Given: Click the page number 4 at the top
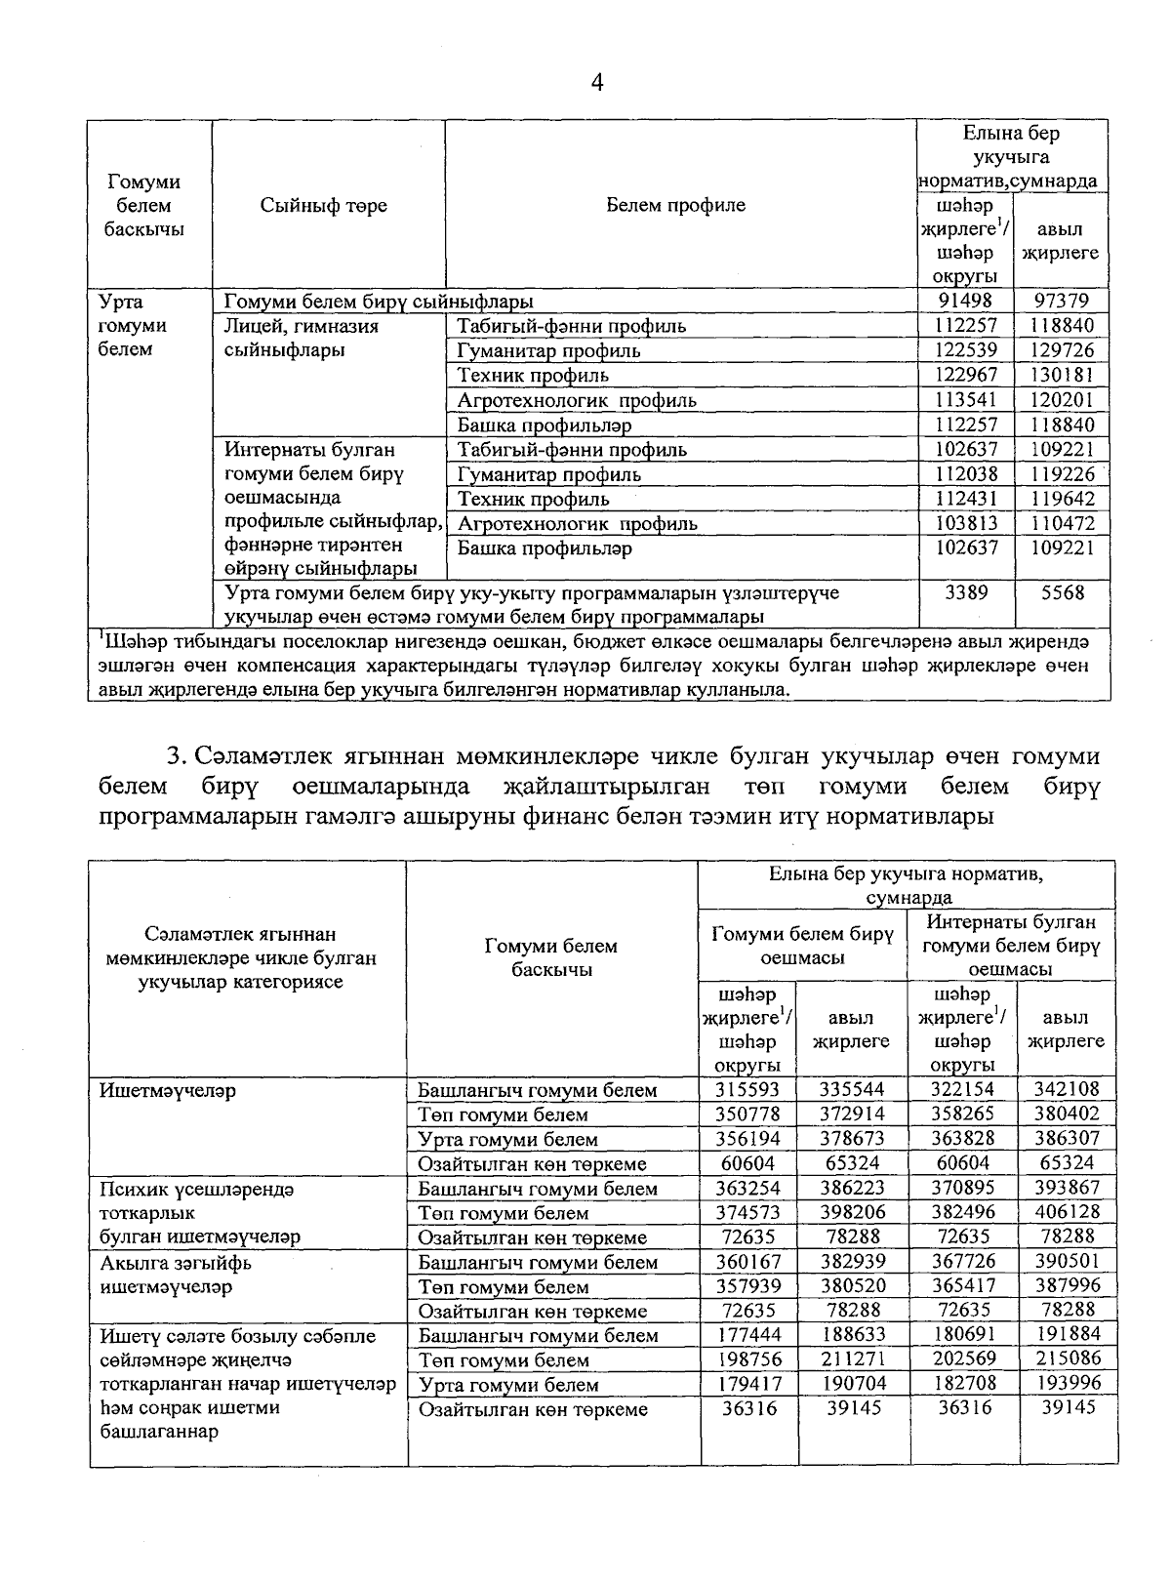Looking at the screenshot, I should pyautogui.click(x=597, y=84).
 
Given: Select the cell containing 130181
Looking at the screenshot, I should pyautogui.click(x=1062, y=376).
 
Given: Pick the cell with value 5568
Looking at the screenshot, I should pyautogui.click(x=1062, y=592).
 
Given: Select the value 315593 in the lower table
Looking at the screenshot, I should pyautogui.click(x=747, y=1089).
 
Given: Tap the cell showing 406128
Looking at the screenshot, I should pyautogui.click(x=1068, y=1212).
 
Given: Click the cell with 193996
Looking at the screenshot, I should pyautogui.click(x=1068, y=1384).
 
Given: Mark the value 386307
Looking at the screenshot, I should pyautogui.click(x=1068, y=1139).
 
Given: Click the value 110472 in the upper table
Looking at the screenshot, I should pyautogui.click(x=1062, y=523).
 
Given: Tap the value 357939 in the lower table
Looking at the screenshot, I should pyautogui.click(x=747, y=1286).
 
